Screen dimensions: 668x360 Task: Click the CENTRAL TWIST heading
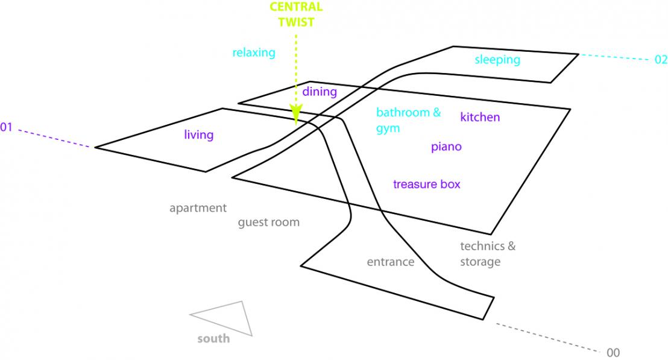coord(296,14)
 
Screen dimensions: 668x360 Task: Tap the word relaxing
coord(253,53)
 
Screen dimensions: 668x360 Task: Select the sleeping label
coord(497,60)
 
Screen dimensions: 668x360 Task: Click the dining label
coord(320,92)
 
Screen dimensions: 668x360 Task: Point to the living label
coord(198,134)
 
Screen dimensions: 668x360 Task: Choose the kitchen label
coord(480,117)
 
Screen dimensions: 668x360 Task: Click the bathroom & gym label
coord(408,120)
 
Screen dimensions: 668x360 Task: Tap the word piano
coord(446,147)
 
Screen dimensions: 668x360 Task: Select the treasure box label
coord(426,184)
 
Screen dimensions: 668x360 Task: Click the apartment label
coord(198,208)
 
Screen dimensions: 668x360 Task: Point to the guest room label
coord(269,223)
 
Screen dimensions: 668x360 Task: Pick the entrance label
coord(391,262)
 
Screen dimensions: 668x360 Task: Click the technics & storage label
coord(488,254)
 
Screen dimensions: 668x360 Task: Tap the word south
coord(213,339)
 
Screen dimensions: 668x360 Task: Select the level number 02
coord(661,59)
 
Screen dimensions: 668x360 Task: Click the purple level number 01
coord(6,127)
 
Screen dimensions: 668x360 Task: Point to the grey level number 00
coord(613,353)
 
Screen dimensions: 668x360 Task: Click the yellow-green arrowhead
coord(295,113)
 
